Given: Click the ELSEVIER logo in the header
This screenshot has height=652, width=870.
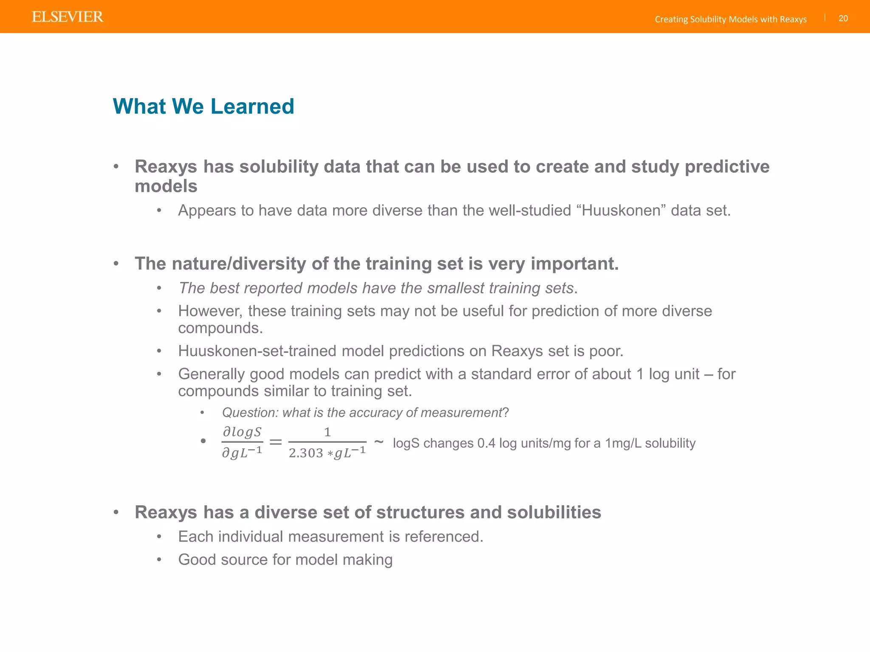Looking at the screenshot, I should click(68, 17).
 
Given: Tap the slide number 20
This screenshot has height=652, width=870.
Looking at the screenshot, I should click(843, 18).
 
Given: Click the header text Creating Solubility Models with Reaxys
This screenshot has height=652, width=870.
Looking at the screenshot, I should click(730, 19).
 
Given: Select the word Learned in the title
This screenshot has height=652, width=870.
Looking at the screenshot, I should click(252, 106).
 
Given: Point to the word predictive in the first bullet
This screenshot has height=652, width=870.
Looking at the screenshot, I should click(727, 166).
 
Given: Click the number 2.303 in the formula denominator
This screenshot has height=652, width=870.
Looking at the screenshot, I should click(306, 453).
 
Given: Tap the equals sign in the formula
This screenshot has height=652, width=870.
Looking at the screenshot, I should click(276, 442).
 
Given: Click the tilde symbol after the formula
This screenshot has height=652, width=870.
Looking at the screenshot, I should click(379, 441).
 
